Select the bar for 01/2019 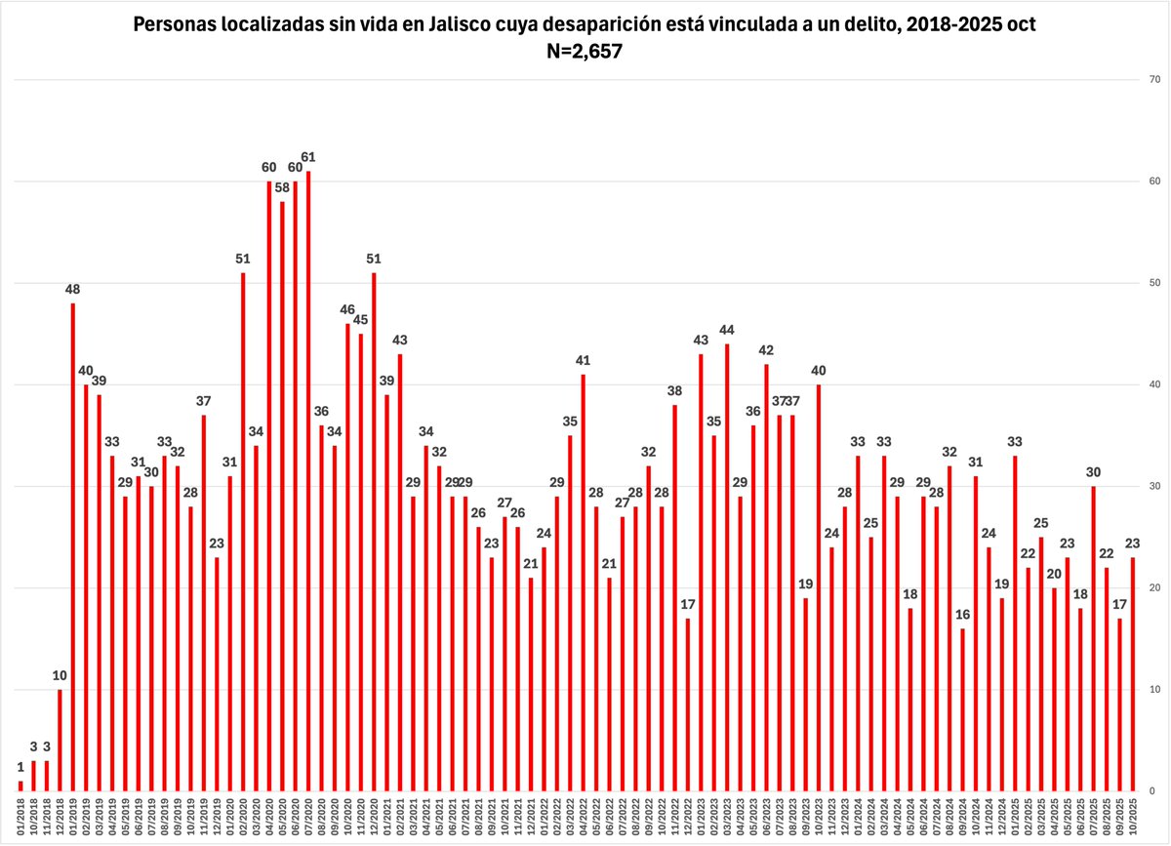click(72, 546)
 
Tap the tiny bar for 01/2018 click(20, 786)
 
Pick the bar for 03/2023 click(727, 567)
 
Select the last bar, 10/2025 click(1133, 673)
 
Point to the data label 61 click(308, 157)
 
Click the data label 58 click(282, 187)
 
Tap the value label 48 click(72, 289)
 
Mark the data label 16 click(962, 615)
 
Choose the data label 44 click(727, 330)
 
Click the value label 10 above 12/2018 click(60, 675)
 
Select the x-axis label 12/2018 click(60, 818)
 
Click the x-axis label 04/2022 click(584, 818)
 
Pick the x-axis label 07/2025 click(1094, 818)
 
